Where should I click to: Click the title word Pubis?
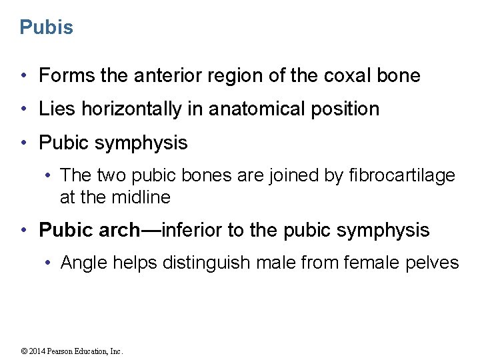[46, 27]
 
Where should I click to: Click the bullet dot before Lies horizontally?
[24, 109]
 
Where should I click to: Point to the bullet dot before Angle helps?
[48, 263]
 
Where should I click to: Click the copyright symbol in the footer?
[24, 351]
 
